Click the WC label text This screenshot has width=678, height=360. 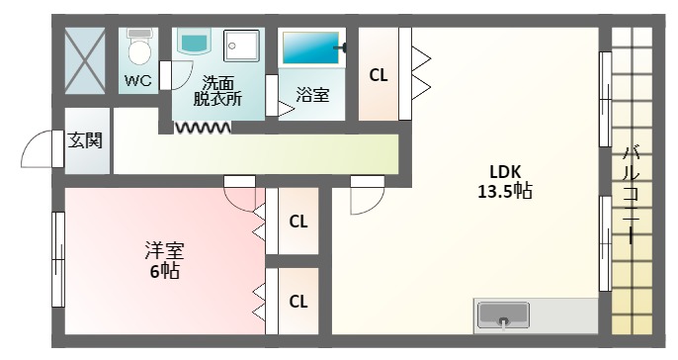(x=138, y=81)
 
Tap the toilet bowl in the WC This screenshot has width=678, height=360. (x=139, y=48)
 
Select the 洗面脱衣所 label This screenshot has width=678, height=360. (x=217, y=91)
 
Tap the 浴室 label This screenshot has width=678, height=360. (x=313, y=95)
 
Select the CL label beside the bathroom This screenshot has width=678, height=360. (x=379, y=74)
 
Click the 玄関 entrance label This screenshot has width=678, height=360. (x=85, y=139)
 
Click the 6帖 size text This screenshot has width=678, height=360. (x=164, y=270)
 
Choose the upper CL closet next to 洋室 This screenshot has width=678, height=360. (x=297, y=222)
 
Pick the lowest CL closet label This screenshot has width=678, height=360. (x=297, y=300)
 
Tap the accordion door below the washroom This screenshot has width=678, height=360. (x=203, y=127)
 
